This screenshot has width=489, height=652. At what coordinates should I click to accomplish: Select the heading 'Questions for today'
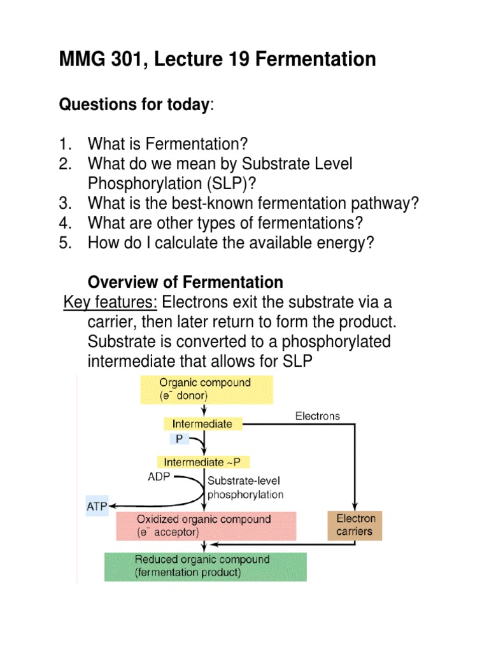(x=134, y=104)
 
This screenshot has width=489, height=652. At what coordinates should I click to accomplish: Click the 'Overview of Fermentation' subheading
(x=185, y=282)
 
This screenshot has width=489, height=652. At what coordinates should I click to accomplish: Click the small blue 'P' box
(x=178, y=439)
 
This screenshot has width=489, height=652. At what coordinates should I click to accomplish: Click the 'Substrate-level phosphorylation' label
(x=245, y=488)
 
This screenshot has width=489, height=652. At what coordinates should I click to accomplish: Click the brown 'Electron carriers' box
(x=355, y=525)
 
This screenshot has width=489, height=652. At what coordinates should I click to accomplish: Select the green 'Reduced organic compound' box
(x=205, y=566)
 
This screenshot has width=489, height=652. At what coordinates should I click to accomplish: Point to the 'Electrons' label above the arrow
(x=317, y=416)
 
